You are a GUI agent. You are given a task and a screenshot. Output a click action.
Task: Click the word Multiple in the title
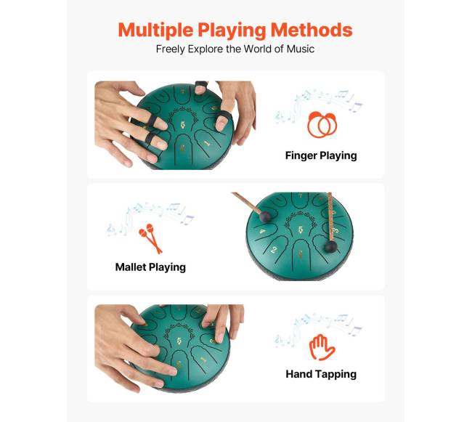coord(155,31)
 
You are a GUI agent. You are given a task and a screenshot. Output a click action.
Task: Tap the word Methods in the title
coord(312,30)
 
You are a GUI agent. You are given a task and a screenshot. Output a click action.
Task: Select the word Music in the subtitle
coord(301,49)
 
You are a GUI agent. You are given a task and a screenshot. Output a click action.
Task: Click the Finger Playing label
coord(321,155)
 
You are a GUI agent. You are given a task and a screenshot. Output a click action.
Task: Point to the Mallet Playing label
coord(150,267)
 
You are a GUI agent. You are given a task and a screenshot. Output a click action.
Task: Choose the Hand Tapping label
coord(321,374)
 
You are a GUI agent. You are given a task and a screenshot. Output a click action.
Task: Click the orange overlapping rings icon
coord(322,125)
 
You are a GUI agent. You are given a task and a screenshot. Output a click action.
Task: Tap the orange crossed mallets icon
coord(150,238)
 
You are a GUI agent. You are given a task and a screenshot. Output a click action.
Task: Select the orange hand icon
coord(322,347)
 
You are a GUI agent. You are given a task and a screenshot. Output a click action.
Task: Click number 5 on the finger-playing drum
coord(183,125)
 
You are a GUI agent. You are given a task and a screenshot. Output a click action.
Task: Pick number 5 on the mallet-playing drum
coord(300,230)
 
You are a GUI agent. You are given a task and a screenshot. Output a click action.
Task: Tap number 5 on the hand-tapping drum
coord(179,341)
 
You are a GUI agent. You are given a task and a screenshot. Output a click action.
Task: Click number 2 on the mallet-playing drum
coord(274,250)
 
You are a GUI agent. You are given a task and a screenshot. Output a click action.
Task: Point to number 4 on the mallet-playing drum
coord(263,232)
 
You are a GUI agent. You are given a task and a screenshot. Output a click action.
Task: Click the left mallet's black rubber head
coord(266,217)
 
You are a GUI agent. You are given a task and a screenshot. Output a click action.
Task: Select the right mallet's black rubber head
coord(331,247)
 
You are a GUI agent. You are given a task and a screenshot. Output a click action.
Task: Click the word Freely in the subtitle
coord(171,49)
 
